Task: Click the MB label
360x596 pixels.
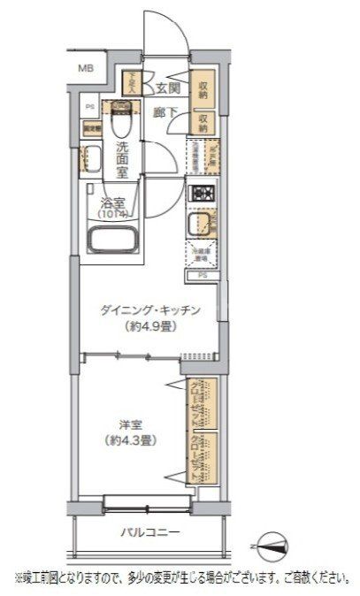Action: (x=86, y=68)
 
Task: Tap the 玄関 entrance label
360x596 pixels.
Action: (x=168, y=88)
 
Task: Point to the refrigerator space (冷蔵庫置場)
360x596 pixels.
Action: (x=202, y=255)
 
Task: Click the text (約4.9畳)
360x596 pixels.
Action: (x=146, y=325)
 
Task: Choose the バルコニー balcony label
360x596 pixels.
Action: (x=150, y=532)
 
